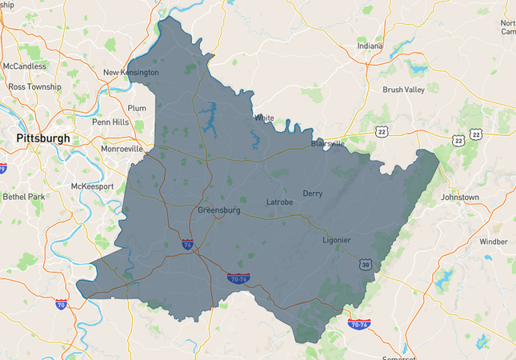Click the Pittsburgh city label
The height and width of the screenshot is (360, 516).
[x=42, y=138]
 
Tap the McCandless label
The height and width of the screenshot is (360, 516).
[x=24, y=66]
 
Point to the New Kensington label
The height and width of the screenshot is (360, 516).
[x=131, y=73]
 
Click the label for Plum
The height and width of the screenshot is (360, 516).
[x=137, y=107]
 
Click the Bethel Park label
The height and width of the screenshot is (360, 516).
[x=26, y=196]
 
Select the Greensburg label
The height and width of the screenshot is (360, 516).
[x=219, y=210]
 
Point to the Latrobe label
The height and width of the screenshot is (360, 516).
[x=279, y=202]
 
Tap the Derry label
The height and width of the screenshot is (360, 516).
[x=313, y=194]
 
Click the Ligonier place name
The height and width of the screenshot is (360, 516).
[x=336, y=240]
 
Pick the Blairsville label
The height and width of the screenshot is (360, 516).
[x=328, y=144]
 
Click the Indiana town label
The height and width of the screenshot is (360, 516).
[x=370, y=46]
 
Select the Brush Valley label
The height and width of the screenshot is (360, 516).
[x=403, y=90]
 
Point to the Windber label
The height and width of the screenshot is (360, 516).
[x=494, y=241]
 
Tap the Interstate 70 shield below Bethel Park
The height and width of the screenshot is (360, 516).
[x=61, y=305]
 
